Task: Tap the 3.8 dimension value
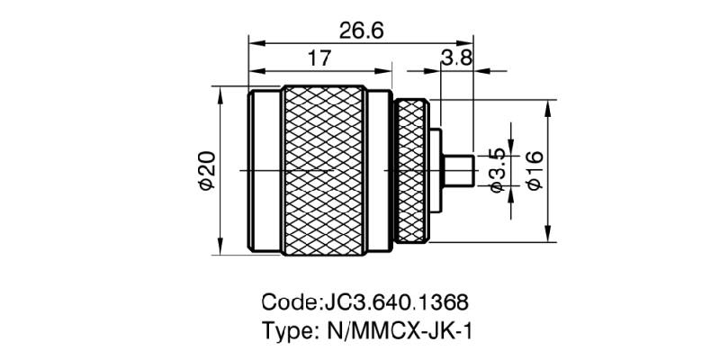(456, 58)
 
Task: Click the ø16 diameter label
(534, 170)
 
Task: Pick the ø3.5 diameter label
(496, 170)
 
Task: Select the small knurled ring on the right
(413, 171)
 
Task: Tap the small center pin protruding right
(461, 170)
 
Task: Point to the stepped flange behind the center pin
(436, 170)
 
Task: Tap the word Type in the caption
(283, 329)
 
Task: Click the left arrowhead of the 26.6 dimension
(255, 41)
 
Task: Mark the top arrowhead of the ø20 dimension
(220, 91)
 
